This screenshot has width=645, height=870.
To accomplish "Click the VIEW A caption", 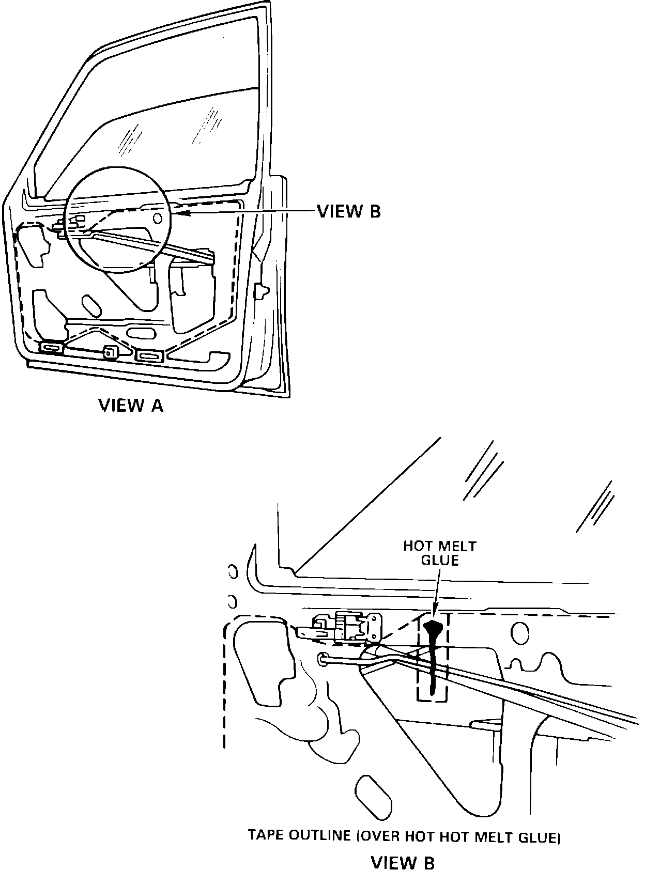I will pyautogui.click(x=131, y=406).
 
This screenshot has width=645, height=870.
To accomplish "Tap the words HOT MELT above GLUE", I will pyautogui.click(x=440, y=546).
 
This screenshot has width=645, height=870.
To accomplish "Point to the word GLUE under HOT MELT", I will pyautogui.click(x=440, y=560).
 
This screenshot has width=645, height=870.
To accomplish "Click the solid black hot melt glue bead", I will pyautogui.click(x=432, y=656).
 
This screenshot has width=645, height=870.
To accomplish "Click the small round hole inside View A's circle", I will pyautogui.click(x=158, y=218).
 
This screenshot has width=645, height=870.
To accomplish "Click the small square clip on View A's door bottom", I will pyautogui.click(x=110, y=352).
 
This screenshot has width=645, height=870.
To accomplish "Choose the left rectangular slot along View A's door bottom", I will pyautogui.click(x=51, y=348).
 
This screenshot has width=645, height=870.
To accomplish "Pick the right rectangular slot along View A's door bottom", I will pyautogui.click(x=149, y=355).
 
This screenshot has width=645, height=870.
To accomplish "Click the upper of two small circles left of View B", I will pyautogui.click(x=232, y=571).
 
